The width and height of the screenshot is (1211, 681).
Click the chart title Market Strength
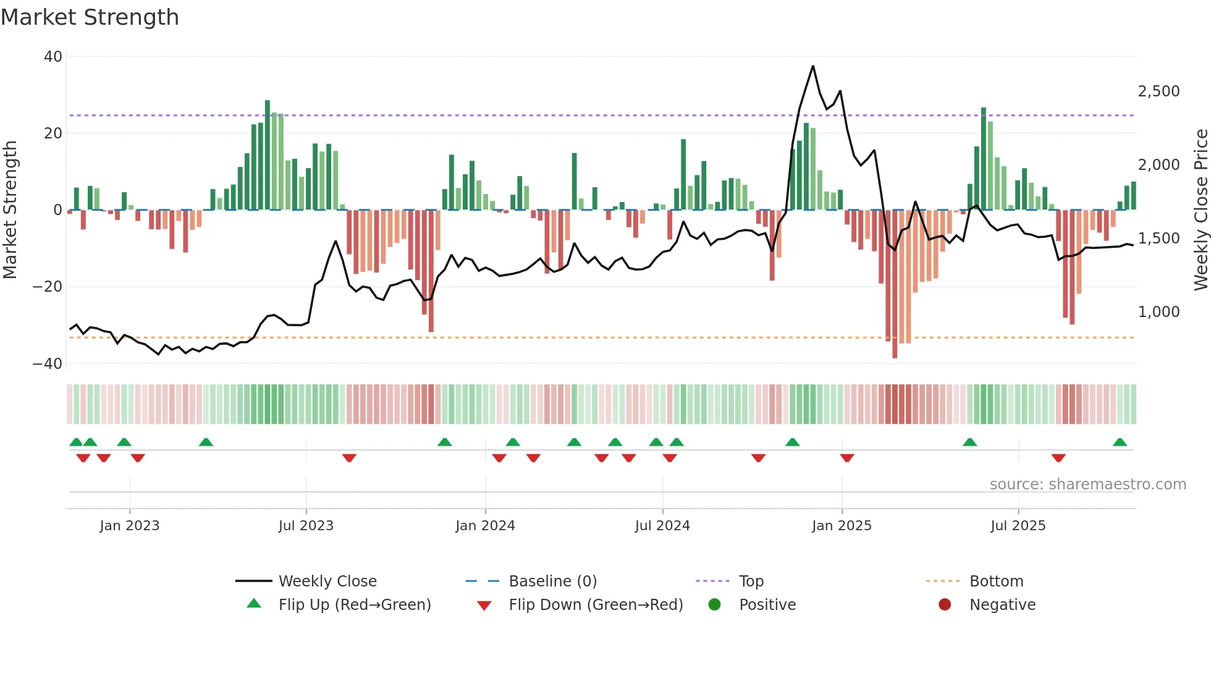point(90,17)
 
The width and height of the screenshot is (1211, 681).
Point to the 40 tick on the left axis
point(53,57)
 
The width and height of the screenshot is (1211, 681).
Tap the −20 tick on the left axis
point(48,287)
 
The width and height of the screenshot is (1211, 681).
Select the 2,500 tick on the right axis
point(1158,91)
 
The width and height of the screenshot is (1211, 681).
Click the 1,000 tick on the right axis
point(1158,312)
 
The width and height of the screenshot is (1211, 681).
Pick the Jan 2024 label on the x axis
point(485,526)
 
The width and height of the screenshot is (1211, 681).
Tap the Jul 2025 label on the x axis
point(1018,526)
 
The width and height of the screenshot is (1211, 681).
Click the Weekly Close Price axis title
point(1200,210)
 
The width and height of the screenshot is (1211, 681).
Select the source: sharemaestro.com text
point(1087,484)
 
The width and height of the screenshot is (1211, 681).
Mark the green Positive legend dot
point(715,605)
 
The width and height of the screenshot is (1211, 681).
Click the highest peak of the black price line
point(812,66)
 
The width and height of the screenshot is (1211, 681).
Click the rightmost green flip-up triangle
point(1120,442)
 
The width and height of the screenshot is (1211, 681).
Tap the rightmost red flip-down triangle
point(1058,458)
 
